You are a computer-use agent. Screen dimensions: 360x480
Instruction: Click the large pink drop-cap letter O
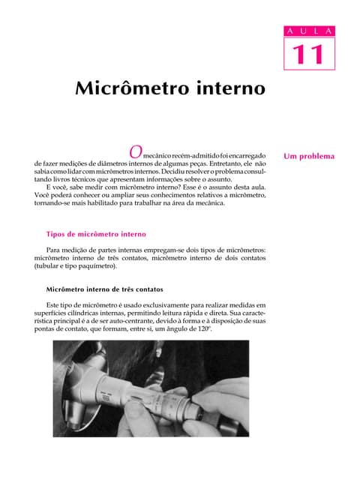click(135, 151)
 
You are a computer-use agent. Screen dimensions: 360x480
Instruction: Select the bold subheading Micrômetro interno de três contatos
click(104, 289)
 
